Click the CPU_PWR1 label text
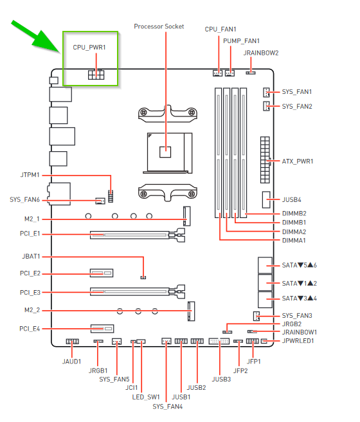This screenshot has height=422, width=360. (89, 48)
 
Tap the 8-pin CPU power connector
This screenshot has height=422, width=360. (96, 74)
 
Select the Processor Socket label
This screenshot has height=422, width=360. (159, 26)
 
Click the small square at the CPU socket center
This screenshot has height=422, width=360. (165, 152)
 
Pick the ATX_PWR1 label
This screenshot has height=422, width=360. (298, 161)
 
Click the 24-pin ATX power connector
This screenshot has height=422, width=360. (265, 160)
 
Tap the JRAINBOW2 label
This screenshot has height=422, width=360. (261, 53)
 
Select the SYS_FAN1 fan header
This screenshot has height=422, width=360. (266, 93)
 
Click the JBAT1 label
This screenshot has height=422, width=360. (32, 257)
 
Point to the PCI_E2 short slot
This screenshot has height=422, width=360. (102, 273)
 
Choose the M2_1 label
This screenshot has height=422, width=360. (32, 219)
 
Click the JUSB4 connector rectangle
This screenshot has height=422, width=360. (266, 199)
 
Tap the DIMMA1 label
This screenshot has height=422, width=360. (294, 241)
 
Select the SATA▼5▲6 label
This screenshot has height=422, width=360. (299, 266)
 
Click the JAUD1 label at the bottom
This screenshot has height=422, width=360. (72, 362)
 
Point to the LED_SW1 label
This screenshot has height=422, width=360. (146, 398)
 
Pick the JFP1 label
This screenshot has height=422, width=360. (254, 362)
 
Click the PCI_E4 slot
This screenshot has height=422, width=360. (102, 329)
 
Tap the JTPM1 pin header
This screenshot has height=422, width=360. (111, 196)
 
